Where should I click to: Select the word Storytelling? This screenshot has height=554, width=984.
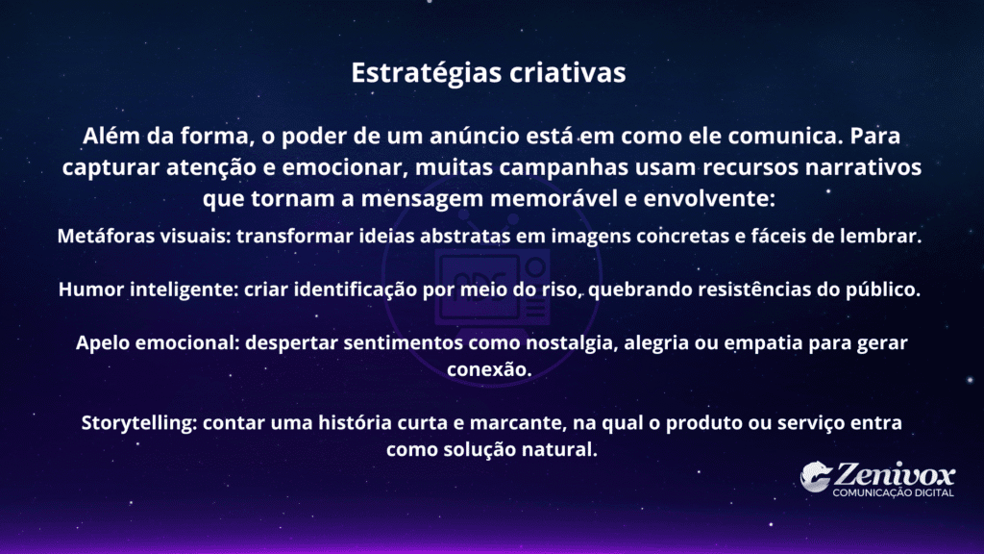(138, 423)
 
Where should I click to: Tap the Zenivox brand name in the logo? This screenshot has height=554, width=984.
(895, 475)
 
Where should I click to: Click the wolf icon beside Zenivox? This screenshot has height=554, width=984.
(816, 476)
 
